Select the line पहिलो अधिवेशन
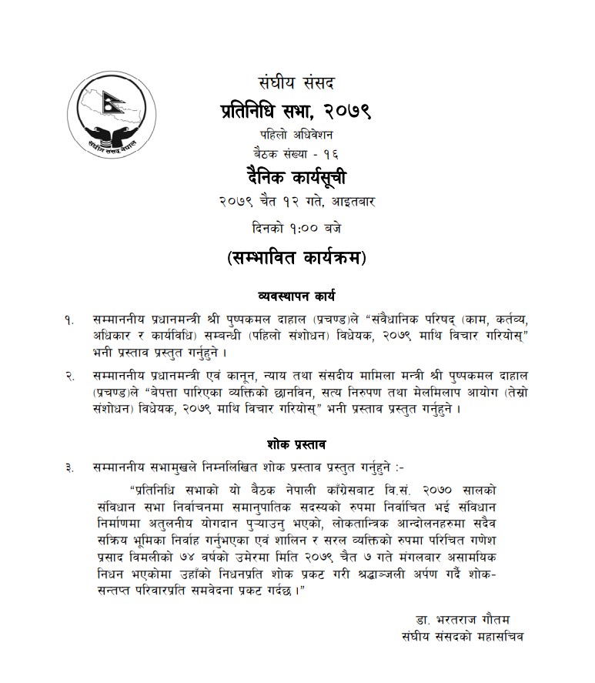tap(296, 134)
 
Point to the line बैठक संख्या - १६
tap(296, 152)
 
